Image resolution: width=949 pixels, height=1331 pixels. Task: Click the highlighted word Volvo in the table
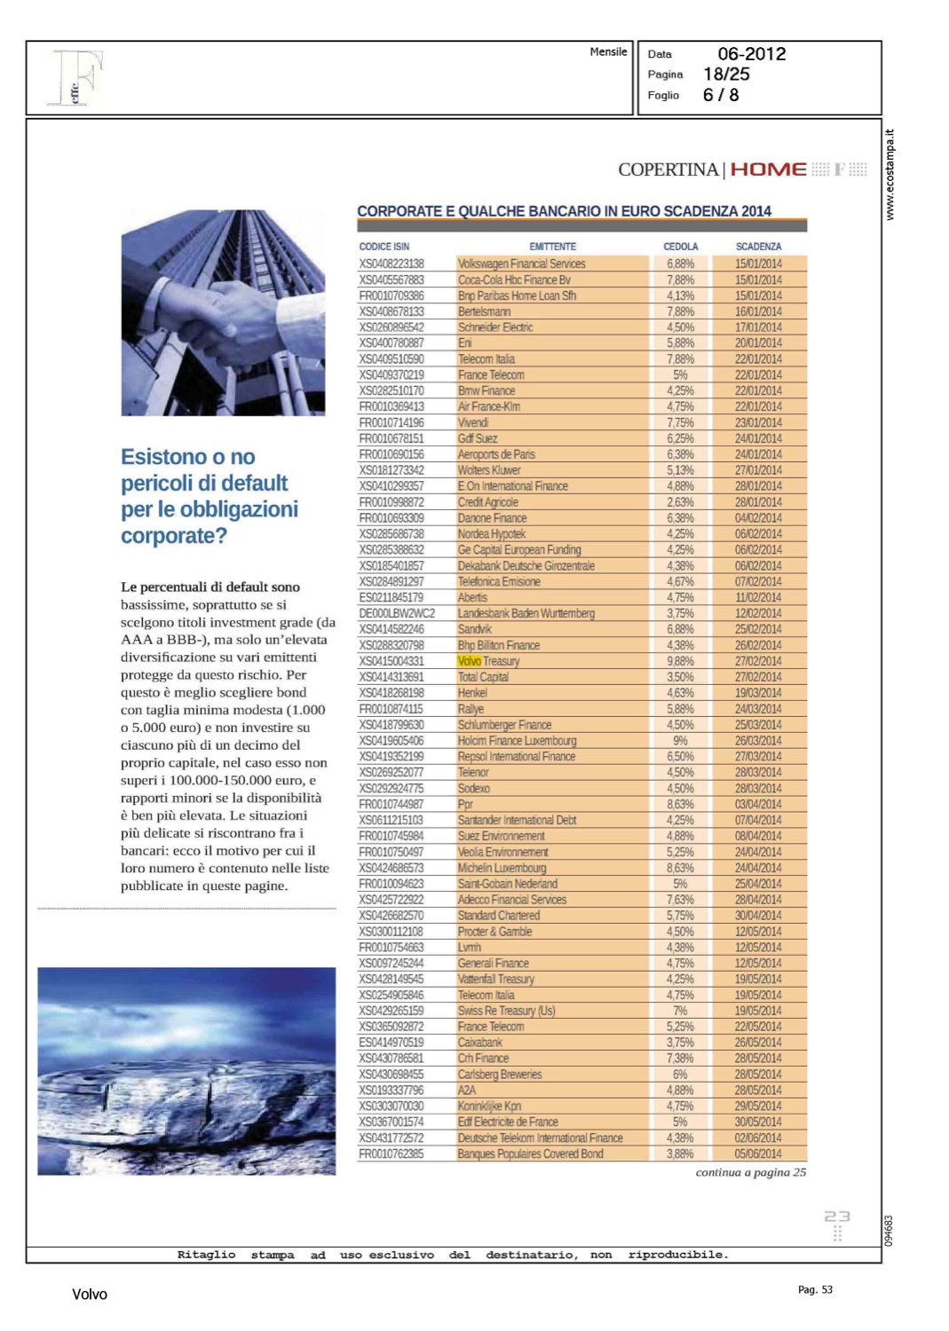tap(469, 661)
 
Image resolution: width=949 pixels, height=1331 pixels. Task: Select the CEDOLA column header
tap(680, 247)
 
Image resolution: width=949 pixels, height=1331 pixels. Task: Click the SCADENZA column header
tap(758, 247)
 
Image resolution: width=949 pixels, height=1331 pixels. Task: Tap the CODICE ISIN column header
tap(384, 247)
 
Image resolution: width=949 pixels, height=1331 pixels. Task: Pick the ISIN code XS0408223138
tap(391, 264)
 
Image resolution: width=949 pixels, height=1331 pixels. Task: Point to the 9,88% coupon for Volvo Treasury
tap(680, 661)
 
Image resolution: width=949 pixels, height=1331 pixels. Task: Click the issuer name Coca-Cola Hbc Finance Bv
tap(514, 280)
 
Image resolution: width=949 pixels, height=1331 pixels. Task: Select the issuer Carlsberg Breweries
tap(500, 1075)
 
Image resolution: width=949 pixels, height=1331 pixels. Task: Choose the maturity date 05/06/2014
tap(758, 1154)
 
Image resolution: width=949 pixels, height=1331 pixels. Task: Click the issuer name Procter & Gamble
tap(494, 932)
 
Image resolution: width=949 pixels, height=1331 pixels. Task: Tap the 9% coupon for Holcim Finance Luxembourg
tap(680, 741)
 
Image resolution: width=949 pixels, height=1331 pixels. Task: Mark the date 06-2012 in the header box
tap(751, 54)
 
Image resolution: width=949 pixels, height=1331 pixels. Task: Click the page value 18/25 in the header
tap(726, 75)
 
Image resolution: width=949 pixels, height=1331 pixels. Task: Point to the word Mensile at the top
tap(608, 51)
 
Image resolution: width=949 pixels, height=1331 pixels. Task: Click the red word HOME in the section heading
tap(768, 169)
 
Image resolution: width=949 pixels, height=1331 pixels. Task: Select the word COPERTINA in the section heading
tap(668, 169)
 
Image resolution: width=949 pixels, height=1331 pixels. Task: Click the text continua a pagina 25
tap(750, 1172)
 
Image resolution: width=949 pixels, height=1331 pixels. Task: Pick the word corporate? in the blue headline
tap(174, 536)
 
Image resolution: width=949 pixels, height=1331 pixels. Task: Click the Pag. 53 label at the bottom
tap(815, 1289)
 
